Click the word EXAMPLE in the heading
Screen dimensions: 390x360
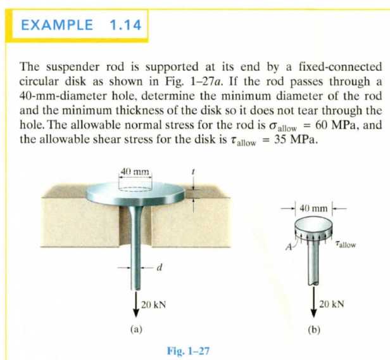(57, 25)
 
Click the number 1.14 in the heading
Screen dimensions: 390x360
(125, 25)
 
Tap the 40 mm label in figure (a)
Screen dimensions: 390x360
(135, 172)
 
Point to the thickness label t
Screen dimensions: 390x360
(193, 172)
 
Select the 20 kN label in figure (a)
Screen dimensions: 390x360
(153, 305)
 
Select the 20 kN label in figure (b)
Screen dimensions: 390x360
(332, 304)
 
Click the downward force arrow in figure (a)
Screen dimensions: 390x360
(135, 304)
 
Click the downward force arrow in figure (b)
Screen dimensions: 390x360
(314, 302)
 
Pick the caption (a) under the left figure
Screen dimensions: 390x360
(136, 330)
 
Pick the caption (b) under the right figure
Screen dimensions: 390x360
(314, 330)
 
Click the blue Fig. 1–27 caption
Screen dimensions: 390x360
(188, 350)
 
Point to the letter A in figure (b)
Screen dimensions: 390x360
(289, 247)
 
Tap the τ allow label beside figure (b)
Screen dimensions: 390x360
(346, 244)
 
